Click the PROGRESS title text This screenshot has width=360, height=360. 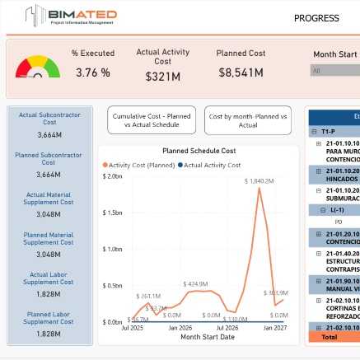[x=316, y=18]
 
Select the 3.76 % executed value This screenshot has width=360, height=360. [x=92, y=73]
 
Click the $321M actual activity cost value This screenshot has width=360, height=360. [x=162, y=76]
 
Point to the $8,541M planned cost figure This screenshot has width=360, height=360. [x=241, y=73]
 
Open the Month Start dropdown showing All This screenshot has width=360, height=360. [x=334, y=71]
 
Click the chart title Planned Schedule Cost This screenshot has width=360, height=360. [x=199, y=151]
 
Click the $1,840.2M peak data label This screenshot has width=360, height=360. [x=259, y=180]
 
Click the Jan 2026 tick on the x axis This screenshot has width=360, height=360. [x=180, y=328]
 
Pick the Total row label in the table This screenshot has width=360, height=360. [x=329, y=337]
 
